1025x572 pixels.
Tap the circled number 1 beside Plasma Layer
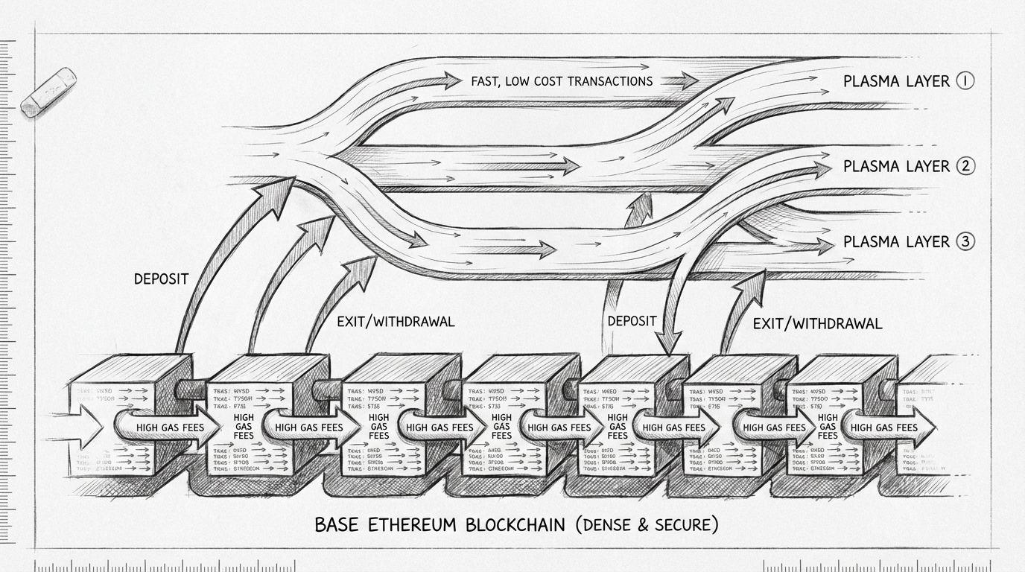(x=965, y=80)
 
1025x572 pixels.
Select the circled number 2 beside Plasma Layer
(x=965, y=166)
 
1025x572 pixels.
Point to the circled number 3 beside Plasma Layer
(x=965, y=241)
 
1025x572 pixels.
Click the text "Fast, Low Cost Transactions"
(x=562, y=80)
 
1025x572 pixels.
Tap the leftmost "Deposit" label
(x=161, y=279)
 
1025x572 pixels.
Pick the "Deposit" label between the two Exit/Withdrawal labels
(x=632, y=321)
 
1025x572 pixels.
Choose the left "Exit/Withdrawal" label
(x=390, y=322)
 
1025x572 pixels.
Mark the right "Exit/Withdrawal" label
(x=817, y=323)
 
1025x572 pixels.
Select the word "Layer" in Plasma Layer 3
(x=929, y=241)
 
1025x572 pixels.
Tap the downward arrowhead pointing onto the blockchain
(x=669, y=344)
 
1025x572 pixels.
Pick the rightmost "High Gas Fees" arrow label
(x=884, y=428)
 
